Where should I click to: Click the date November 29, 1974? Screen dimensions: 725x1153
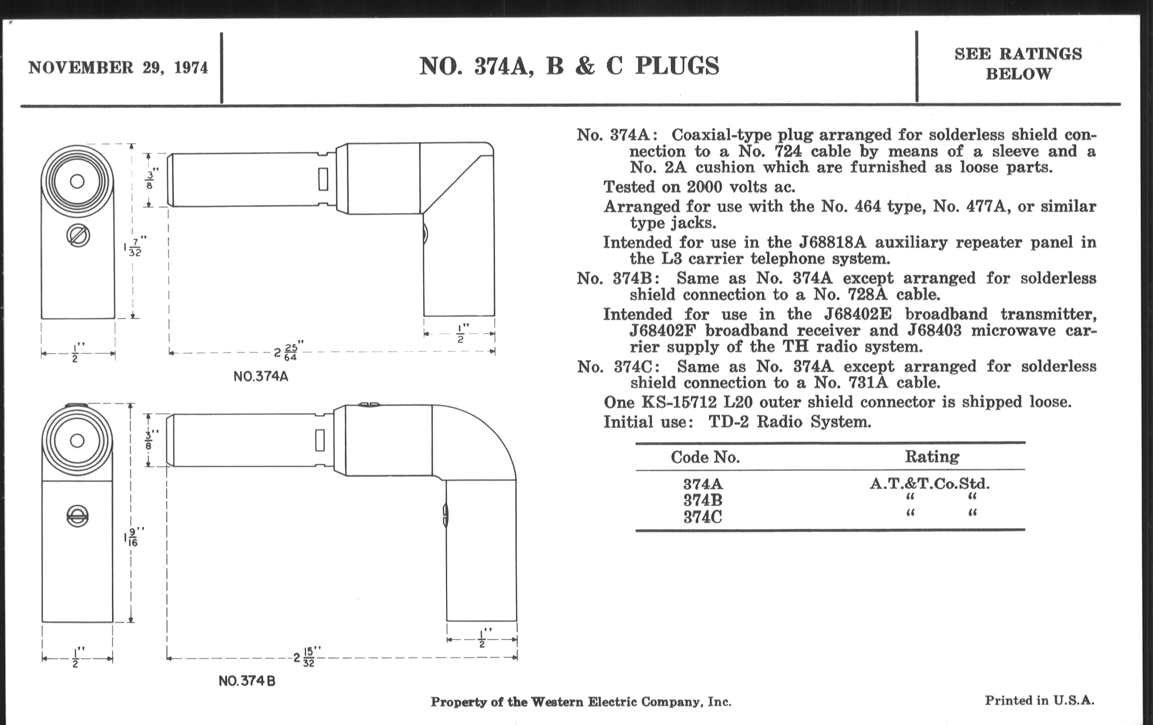coord(118,68)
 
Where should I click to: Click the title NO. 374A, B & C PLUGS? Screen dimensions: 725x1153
coord(569,66)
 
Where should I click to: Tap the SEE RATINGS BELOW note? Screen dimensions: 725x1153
coord(1018,63)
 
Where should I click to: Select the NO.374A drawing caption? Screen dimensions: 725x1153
coord(261,377)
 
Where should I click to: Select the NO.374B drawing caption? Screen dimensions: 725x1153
coord(247,680)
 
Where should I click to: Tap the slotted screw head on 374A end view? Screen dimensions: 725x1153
coord(78,236)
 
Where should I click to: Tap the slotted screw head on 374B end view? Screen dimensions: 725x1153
coord(78,516)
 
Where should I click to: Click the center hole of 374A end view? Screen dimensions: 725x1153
coord(77,181)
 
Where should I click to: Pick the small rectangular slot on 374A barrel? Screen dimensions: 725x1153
coord(323,179)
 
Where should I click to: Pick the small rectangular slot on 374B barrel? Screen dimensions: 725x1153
coord(320,440)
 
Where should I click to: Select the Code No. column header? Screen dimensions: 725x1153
coord(705,457)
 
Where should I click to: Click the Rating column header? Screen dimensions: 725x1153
coord(932,456)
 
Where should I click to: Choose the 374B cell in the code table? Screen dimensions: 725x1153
coord(703,500)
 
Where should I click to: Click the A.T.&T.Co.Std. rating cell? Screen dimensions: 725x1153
coord(929,483)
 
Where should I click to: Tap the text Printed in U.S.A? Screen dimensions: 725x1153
coord(1040,700)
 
